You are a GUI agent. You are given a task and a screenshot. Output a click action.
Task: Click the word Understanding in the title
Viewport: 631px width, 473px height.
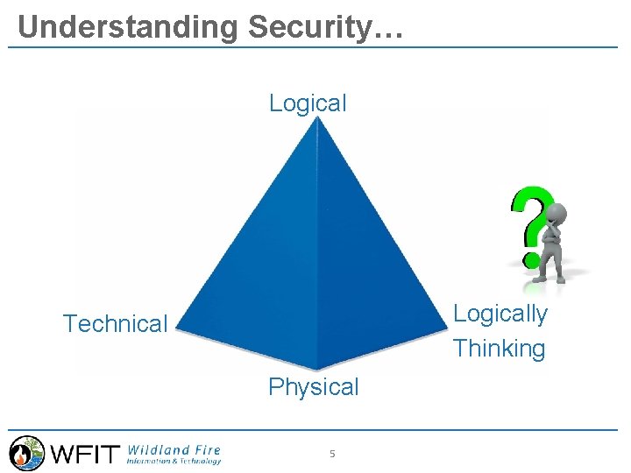click(128, 27)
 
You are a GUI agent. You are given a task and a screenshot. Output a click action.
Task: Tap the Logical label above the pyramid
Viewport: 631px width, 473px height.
click(308, 102)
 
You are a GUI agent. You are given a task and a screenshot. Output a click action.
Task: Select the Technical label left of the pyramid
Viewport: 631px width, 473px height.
click(115, 324)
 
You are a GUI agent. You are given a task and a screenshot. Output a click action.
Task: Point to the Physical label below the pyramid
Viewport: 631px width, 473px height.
click(314, 387)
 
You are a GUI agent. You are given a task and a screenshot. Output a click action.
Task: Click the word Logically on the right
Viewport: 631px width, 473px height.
click(500, 314)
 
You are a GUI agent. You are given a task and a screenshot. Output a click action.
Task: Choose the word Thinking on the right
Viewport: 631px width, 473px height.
click(499, 349)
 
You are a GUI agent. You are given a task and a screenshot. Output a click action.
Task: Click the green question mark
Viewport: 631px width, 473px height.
click(529, 224)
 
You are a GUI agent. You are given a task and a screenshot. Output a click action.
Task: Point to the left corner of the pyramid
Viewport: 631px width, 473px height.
click(177, 330)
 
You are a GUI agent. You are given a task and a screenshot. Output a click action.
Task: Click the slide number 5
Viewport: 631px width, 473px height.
click(332, 454)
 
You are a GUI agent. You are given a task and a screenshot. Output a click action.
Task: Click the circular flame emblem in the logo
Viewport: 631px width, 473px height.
click(26, 453)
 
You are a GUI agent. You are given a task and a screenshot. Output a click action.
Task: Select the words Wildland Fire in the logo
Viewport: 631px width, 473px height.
click(174, 448)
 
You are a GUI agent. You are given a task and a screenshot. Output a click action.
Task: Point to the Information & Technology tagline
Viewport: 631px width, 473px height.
click(174, 461)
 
